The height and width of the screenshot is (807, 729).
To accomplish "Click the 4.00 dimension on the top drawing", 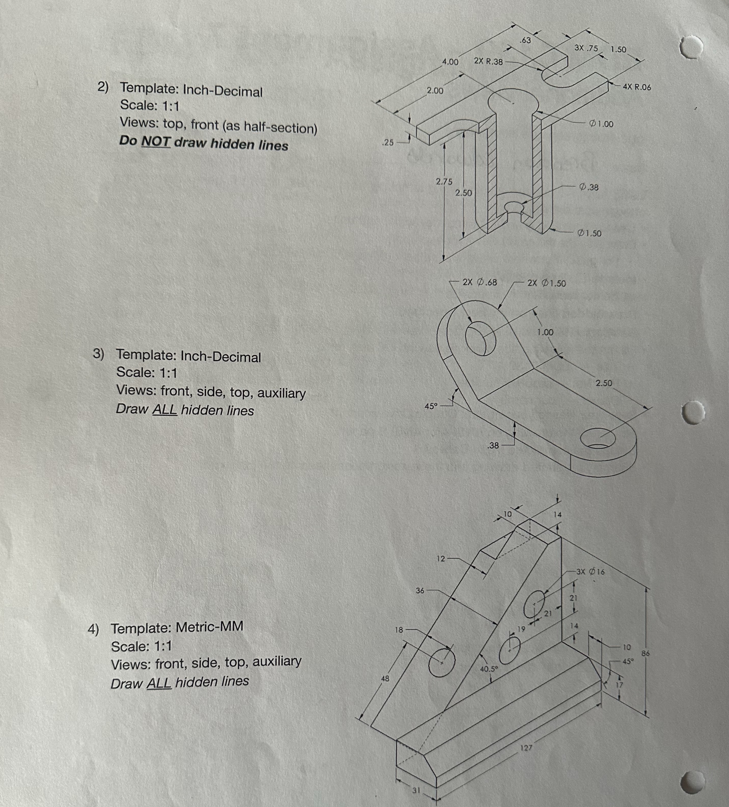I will click(x=450, y=62).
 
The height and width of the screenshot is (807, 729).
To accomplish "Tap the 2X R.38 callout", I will click(x=488, y=61).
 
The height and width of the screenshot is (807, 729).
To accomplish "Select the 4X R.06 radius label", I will click(x=637, y=87).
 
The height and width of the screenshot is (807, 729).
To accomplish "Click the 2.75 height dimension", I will click(x=444, y=182).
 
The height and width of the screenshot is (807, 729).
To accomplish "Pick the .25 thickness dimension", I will click(x=388, y=142).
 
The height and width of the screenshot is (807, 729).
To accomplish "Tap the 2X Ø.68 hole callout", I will click(x=480, y=282).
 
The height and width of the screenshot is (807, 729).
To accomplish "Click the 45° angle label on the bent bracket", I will click(x=431, y=406).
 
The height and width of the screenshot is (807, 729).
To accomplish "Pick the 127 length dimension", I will click(x=526, y=747).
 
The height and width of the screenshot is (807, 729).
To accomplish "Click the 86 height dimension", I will click(x=645, y=653).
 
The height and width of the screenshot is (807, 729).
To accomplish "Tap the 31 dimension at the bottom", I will click(x=417, y=790).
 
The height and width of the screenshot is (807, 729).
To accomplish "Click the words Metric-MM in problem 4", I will click(x=209, y=627).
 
